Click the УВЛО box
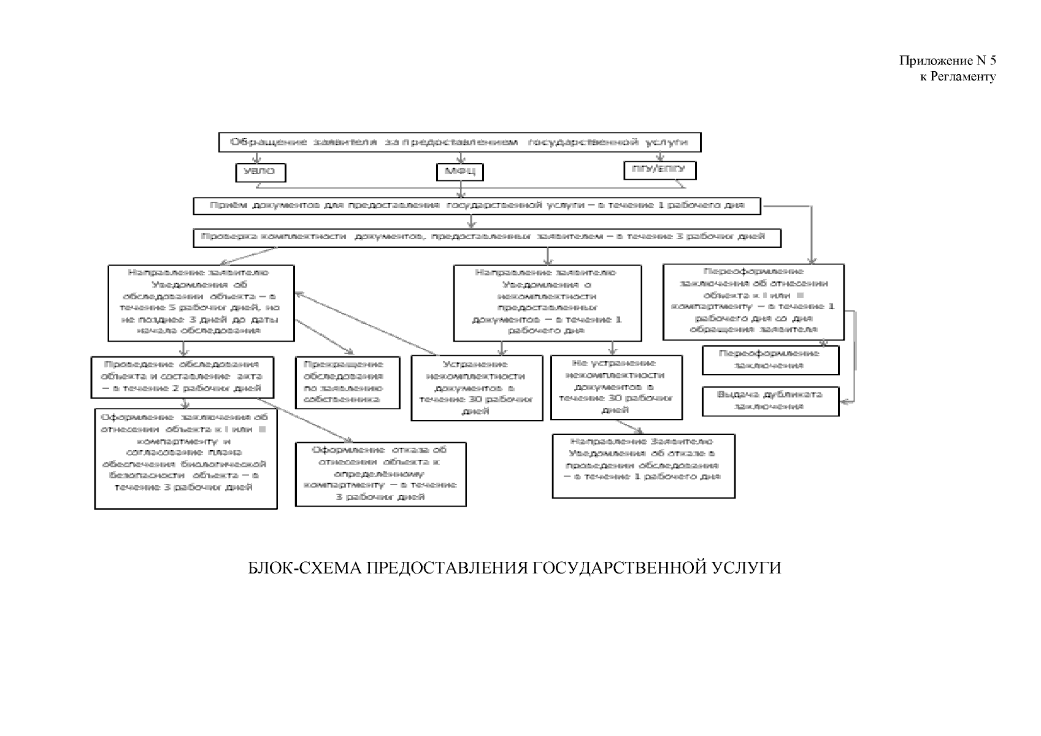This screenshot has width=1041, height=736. point(261,172)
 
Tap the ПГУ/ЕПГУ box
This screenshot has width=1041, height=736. point(659,170)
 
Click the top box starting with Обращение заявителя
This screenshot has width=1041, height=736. point(459,142)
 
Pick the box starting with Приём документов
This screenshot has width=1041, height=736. point(477,205)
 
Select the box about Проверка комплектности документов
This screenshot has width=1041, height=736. point(487,237)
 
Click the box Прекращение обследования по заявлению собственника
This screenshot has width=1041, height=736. point(347,382)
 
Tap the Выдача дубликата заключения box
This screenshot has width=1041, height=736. point(770,401)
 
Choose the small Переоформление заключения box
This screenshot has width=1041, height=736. point(770,360)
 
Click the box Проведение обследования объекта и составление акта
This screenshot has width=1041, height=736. point(182,377)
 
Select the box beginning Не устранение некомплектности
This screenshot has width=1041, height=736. point(616,388)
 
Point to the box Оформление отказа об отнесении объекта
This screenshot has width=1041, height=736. point(380,473)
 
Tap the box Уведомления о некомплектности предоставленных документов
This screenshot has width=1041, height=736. point(547,302)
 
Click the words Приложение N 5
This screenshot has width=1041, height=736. point(947,61)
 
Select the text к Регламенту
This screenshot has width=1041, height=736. point(958,77)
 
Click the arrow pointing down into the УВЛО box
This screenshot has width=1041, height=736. point(257,159)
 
